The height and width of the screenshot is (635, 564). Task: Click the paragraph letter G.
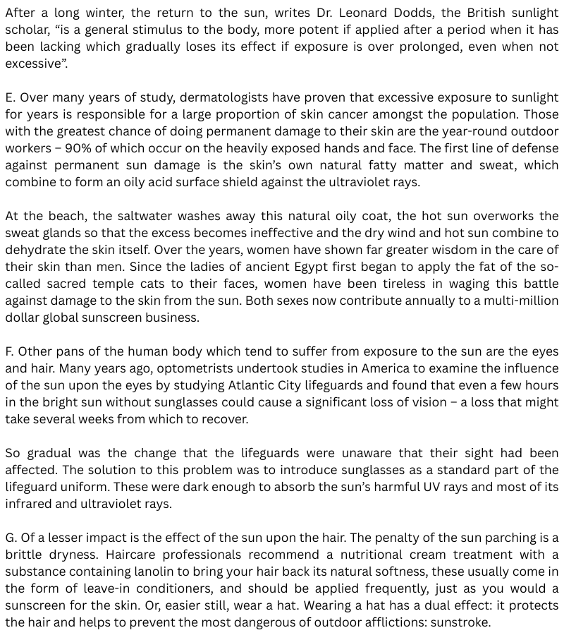coord(11,538)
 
